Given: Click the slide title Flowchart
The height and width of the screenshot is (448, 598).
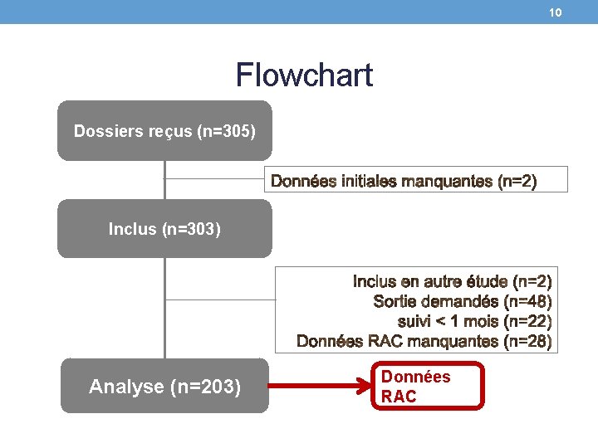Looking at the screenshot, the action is (304, 75).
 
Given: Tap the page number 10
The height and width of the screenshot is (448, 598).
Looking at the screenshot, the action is (556, 12).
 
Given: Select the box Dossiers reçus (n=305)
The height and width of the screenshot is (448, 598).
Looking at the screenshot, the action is (164, 130).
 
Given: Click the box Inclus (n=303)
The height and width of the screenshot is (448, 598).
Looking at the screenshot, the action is (164, 228).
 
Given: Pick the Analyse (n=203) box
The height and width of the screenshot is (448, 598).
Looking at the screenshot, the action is (164, 386).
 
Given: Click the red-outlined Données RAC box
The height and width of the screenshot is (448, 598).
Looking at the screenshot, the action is (427, 387).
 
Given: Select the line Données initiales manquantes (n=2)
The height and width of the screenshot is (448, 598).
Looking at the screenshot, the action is (404, 181).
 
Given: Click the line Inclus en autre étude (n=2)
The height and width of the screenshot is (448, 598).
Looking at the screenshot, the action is (452, 282).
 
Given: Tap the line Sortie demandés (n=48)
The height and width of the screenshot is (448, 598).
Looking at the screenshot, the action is (463, 302).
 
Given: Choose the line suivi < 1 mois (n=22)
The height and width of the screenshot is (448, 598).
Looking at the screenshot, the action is (474, 321).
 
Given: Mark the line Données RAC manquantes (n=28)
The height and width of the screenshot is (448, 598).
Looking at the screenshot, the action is (424, 341).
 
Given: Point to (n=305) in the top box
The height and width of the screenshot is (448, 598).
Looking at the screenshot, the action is (226, 131).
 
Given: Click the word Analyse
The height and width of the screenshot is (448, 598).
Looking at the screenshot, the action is (126, 387).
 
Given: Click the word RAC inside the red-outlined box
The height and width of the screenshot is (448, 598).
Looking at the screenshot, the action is (399, 397).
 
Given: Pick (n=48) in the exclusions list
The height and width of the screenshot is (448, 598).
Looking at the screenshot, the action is (527, 302).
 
